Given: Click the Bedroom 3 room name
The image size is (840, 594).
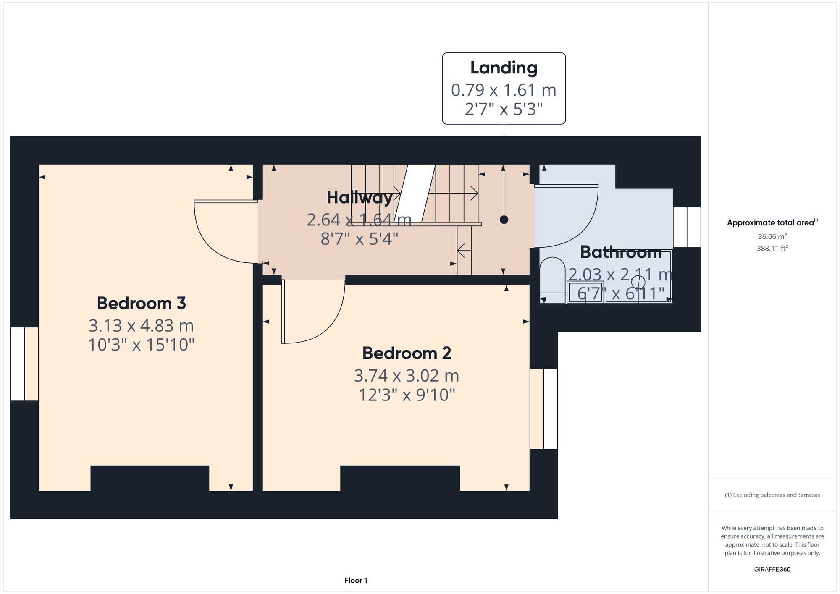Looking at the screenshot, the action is tap(141, 303).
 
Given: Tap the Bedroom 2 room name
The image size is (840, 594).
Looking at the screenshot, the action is tap(407, 353).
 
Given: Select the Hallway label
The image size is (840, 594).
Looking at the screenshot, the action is tap(360, 198).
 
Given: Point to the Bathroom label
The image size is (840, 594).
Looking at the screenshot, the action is tap(621, 252).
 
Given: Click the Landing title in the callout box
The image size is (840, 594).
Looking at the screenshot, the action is tap(504, 68).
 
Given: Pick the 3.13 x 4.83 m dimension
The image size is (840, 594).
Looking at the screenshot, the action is tap(141, 325).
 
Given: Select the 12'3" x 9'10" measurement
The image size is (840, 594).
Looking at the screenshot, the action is tap(407, 395).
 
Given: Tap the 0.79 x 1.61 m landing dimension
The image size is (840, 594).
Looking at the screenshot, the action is tap(504, 90).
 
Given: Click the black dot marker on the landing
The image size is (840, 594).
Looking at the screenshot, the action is tap(504, 220).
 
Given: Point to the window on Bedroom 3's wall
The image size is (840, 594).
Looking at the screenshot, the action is tap(24, 364).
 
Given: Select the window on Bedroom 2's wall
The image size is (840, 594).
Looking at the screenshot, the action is tap(543, 409).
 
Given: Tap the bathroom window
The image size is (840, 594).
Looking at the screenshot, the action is tap(687, 227).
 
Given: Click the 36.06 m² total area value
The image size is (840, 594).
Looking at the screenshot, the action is tap(772, 236).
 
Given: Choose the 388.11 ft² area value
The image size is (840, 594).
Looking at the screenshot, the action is tap(772, 248).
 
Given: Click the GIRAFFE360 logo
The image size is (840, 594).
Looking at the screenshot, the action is tap(772, 569).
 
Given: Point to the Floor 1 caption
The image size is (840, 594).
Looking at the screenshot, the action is tap(356, 580).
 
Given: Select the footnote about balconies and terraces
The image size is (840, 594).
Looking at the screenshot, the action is tap(772, 495).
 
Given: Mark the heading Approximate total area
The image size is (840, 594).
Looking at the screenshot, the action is tap(772, 222).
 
